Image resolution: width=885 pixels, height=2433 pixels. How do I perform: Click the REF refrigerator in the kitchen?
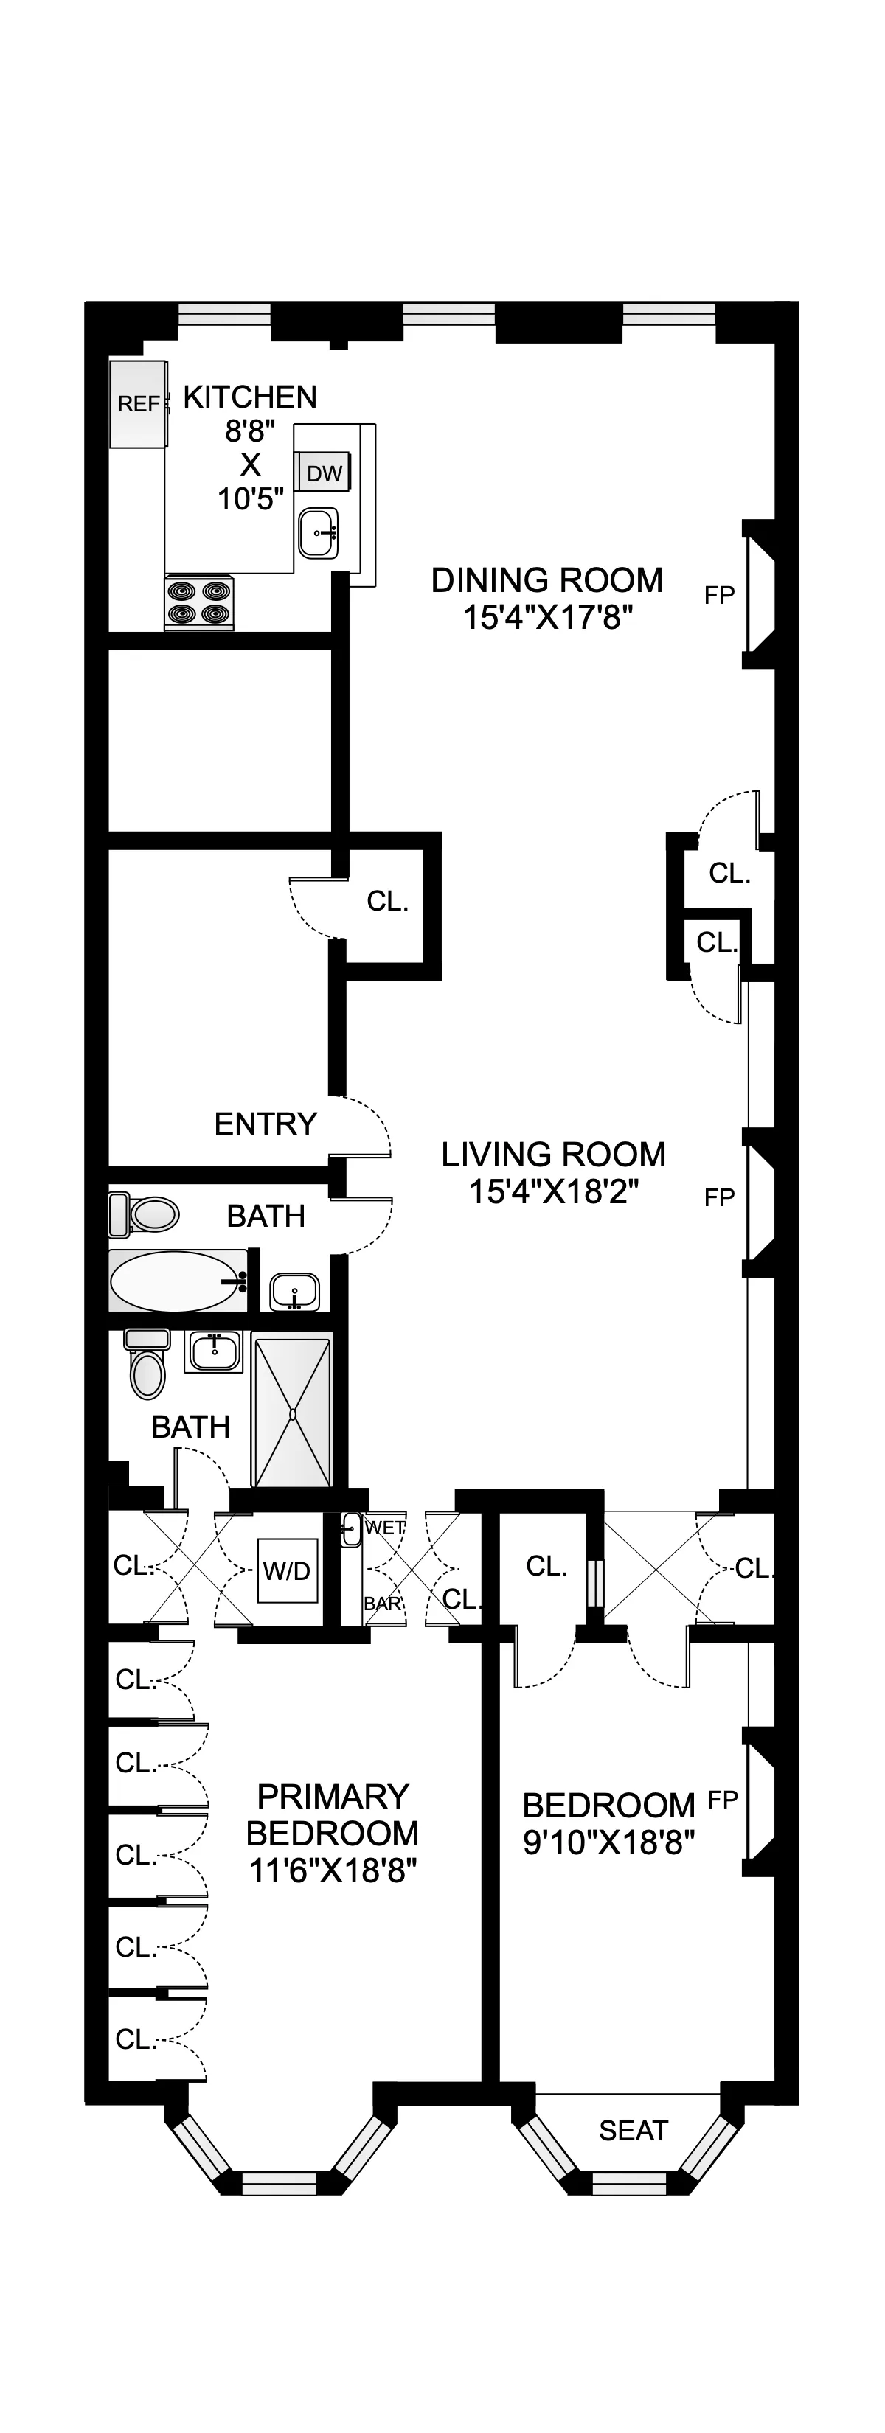pyautogui.click(x=138, y=403)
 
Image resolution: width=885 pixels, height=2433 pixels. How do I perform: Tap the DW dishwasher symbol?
pyautogui.click(x=324, y=473)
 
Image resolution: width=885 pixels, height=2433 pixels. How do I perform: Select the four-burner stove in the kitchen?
pyautogui.click(x=199, y=602)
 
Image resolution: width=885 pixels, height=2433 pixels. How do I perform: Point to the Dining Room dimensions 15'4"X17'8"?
pyautogui.click(x=547, y=618)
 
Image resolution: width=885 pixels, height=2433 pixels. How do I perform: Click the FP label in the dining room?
pyautogui.click(x=720, y=595)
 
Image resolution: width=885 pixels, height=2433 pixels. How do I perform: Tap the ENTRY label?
pyautogui.click(x=265, y=1124)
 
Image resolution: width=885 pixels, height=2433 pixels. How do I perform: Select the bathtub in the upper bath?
pyautogui.click(x=176, y=1281)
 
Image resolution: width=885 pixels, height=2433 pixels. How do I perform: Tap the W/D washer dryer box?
pyautogui.click(x=287, y=1570)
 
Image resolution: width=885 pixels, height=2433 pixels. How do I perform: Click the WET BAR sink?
pyautogui.click(x=350, y=1529)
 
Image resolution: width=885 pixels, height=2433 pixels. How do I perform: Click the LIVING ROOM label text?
pyautogui.click(x=553, y=1154)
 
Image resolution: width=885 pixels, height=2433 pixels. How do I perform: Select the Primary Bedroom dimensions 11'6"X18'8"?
pyautogui.click(x=333, y=1869)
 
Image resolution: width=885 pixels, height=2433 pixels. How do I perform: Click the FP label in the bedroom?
pyautogui.click(x=723, y=1799)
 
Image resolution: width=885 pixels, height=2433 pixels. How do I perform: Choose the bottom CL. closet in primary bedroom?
pyautogui.click(x=135, y=2040)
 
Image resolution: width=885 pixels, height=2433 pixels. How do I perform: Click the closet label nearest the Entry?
pyautogui.click(x=387, y=901)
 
